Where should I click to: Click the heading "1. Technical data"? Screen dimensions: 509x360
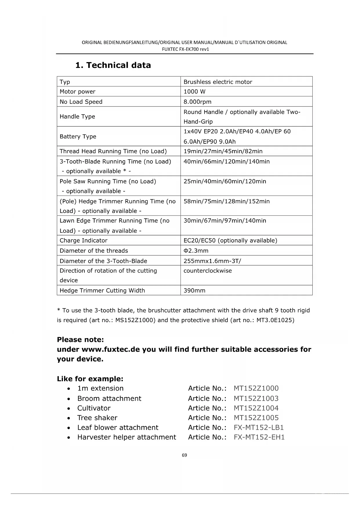click(x=113, y=65)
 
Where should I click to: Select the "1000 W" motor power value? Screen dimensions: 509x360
click(x=194, y=92)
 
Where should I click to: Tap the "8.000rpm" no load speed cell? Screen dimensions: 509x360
click(x=197, y=102)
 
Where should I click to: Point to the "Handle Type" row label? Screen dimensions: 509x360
click(x=77, y=117)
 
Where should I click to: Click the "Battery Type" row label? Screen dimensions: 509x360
click(x=78, y=136)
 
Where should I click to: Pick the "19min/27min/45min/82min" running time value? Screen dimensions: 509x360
click(x=223, y=151)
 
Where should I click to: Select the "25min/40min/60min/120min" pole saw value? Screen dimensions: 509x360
click(x=225, y=181)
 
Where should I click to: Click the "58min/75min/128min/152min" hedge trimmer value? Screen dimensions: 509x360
click(x=226, y=201)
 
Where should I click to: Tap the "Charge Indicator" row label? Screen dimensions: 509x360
click(x=83, y=241)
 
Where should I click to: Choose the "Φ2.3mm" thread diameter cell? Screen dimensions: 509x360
click(x=196, y=251)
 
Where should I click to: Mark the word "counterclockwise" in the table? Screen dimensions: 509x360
click(x=207, y=271)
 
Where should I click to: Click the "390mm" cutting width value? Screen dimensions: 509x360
click(x=194, y=290)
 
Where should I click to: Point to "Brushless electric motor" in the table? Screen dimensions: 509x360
click(x=218, y=82)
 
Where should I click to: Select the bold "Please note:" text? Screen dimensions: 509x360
click(x=80, y=340)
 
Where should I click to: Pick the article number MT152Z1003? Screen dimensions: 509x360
click(x=256, y=398)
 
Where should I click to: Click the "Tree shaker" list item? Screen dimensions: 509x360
click(x=97, y=418)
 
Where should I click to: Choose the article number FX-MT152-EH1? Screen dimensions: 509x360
click(x=259, y=437)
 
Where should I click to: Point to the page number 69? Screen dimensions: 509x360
click(x=184, y=455)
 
